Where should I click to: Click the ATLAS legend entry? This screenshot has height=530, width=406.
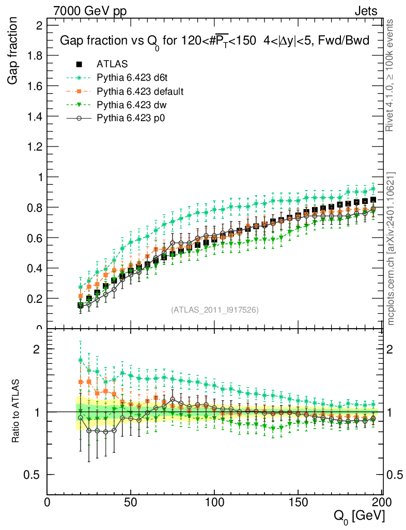[108, 65]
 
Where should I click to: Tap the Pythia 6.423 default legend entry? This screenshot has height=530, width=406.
[140, 92]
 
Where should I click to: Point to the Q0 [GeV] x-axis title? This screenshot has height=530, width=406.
[358, 516]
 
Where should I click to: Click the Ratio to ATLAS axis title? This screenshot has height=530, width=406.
[15, 411]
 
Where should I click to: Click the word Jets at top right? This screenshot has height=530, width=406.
[365, 11]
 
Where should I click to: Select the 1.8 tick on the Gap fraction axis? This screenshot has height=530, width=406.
[36, 55]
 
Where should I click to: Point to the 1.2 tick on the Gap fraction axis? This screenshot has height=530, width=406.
[36, 146]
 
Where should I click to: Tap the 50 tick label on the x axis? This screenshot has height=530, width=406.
[131, 503]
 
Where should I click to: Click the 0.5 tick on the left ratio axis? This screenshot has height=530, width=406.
[34, 475]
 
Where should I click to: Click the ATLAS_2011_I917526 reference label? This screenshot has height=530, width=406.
[214, 310]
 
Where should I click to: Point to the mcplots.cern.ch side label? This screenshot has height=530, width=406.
[391, 248]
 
